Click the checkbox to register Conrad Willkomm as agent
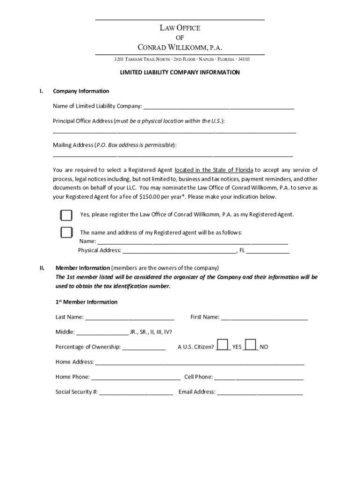66,215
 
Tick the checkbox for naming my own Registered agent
66,232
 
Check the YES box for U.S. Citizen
223,345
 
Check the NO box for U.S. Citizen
251,345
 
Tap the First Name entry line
264,318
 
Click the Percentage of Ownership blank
144,348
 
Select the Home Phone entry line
136,377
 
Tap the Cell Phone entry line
259,377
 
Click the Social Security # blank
136,392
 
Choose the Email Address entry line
260,392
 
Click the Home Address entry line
200,363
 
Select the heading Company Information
81,91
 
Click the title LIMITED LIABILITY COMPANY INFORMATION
180,73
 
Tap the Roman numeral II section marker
42,268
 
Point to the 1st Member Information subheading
86,302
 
